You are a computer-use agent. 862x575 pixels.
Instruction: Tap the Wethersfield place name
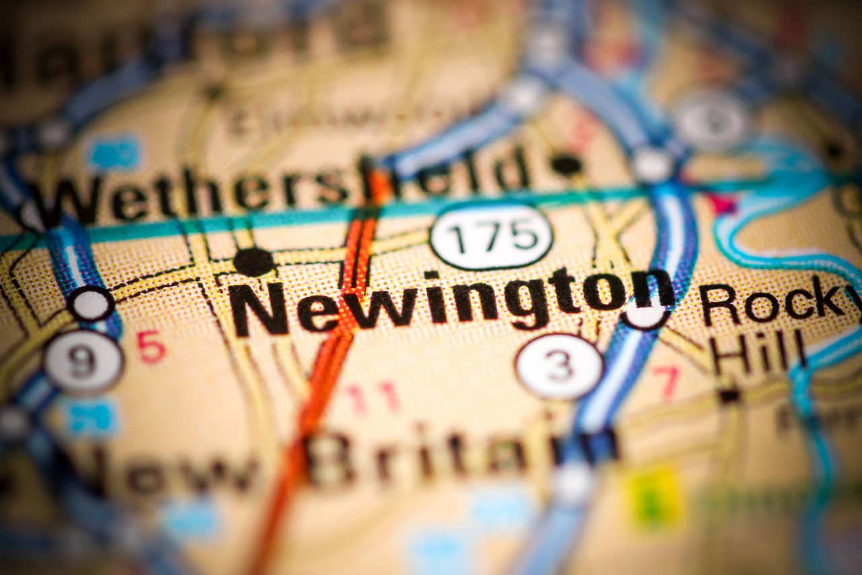[x=283, y=187]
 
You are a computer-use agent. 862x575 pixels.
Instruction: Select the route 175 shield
[x=491, y=236]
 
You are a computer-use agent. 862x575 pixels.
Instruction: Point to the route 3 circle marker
[x=559, y=366]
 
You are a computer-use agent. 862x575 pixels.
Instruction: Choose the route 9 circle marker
[x=84, y=361]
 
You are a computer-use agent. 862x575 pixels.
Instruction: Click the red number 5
[x=151, y=346]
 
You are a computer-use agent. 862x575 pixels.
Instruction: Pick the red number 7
[x=667, y=381]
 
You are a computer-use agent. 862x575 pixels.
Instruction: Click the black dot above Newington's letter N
[x=253, y=261]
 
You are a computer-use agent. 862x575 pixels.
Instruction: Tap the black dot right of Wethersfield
[x=566, y=164]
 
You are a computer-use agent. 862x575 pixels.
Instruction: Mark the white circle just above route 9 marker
[x=90, y=303]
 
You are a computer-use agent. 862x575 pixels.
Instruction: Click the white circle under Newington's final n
[x=645, y=314]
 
